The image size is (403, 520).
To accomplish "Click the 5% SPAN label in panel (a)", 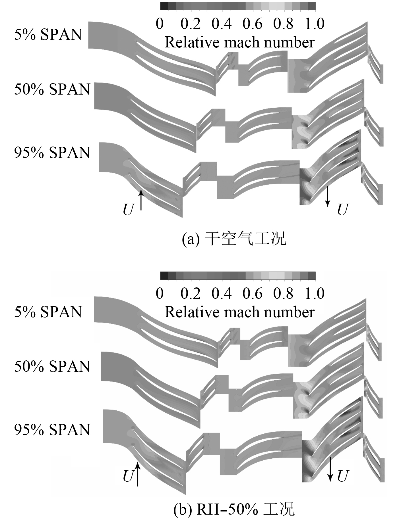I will [x=48, y=35].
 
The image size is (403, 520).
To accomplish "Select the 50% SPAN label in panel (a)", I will [x=52, y=89].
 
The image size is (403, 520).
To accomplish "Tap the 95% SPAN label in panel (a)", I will [x=52, y=153].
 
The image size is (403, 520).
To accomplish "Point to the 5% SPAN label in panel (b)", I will [x=48, y=312].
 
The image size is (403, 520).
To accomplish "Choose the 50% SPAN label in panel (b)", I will [x=52, y=366].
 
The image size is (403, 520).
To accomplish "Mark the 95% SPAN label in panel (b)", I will [x=52, y=430].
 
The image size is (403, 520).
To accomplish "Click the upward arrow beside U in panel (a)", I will [x=141, y=200].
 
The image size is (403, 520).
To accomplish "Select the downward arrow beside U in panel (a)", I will [x=328, y=196].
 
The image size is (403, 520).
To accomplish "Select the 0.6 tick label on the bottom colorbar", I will [x=253, y=293].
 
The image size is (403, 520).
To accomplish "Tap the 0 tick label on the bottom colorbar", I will [x=160, y=293].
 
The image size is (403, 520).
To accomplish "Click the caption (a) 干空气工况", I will [x=234, y=239].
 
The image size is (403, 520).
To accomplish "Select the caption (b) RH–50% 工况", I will [x=234, y=510].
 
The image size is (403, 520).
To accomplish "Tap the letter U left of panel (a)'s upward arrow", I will [x=128, y=210].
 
